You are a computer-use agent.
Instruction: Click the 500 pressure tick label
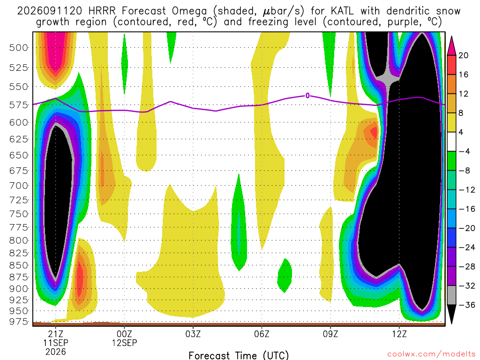click(18, 48)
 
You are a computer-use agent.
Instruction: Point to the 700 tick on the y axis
click(18, 186)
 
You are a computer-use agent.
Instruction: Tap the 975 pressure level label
click(18, 322)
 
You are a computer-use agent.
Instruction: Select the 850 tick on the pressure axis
click(18, 265)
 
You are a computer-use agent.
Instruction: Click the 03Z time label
click(193, 334)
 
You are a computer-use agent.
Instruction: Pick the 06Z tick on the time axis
click(262, 334)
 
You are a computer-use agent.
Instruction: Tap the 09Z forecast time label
click(330, 334)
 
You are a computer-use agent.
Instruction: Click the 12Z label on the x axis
click(399, 334)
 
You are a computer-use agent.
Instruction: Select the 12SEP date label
click(124, 343)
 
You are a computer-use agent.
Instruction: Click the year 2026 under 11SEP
click(55, 352)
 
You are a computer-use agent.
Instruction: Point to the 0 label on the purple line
click(307, 96)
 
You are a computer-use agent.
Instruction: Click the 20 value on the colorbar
click(464, 55)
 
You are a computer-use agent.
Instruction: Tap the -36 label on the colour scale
click(467, 305)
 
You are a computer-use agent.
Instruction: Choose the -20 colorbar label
click(467, 228)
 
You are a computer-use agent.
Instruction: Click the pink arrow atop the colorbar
click(451, 46)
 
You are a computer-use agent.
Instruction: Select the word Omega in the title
click(189, 12)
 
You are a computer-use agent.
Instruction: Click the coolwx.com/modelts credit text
click(431, 354)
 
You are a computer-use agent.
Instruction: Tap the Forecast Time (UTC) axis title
click(239, 355)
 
